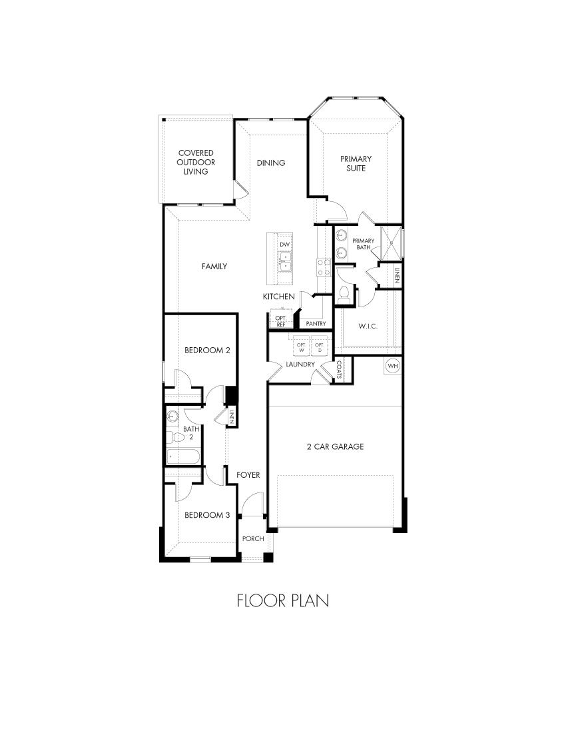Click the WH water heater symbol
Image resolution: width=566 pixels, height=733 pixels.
[392, 366]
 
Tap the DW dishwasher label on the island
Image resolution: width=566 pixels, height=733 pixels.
[285, 245]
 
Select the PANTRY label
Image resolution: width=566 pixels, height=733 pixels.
[316, 324]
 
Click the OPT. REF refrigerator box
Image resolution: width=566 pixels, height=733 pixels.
[280, 321]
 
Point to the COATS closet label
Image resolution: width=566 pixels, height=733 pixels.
[339, 369]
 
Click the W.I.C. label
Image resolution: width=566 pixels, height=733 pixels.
[368, 327]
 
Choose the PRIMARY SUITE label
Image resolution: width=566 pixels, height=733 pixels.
[356, 163]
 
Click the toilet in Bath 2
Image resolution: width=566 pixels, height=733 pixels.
[172, 438]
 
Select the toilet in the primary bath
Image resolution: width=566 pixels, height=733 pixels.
[344, 293]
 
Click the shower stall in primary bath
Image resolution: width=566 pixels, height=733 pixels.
[390, 243]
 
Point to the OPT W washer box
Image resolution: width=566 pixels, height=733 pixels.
[300, 347]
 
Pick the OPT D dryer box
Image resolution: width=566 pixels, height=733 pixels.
[319, 347]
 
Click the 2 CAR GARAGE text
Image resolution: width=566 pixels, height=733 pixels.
[335, 446]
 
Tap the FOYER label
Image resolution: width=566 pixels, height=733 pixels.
[248, 474]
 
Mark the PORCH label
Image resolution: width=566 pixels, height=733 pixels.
[252, 538]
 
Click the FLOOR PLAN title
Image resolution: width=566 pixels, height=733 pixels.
[283, 600]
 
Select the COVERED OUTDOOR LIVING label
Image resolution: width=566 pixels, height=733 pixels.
[196, 162]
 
